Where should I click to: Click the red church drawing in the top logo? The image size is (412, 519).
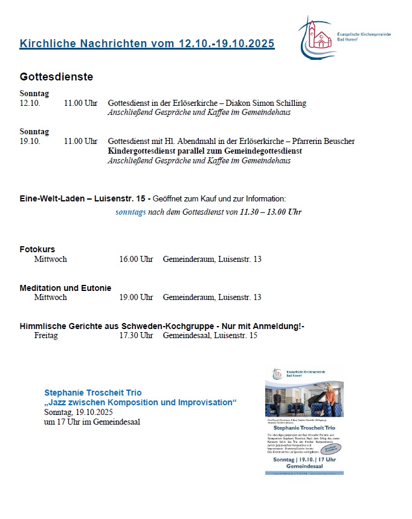[x=313, y=35]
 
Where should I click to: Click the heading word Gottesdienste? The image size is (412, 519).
[x=56, y=77]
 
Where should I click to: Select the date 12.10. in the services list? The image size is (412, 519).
[x=30, y=103]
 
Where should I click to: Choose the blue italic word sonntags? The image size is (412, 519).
[x=130, y=212]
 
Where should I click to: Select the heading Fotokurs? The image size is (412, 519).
[x=37, y=249]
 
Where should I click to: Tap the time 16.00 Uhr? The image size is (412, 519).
[x=136, y=259]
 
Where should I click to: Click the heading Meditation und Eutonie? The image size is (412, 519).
[x=65, y=288]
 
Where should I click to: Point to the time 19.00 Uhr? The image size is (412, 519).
[x=136, y=297]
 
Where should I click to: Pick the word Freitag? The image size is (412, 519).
[x=47, y=335]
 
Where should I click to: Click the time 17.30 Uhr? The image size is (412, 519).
[x=136, y=335]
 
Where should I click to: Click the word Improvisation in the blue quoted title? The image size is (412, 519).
[x=204, y=402]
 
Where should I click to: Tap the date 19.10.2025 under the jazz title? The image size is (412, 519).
[x=94, y=412]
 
